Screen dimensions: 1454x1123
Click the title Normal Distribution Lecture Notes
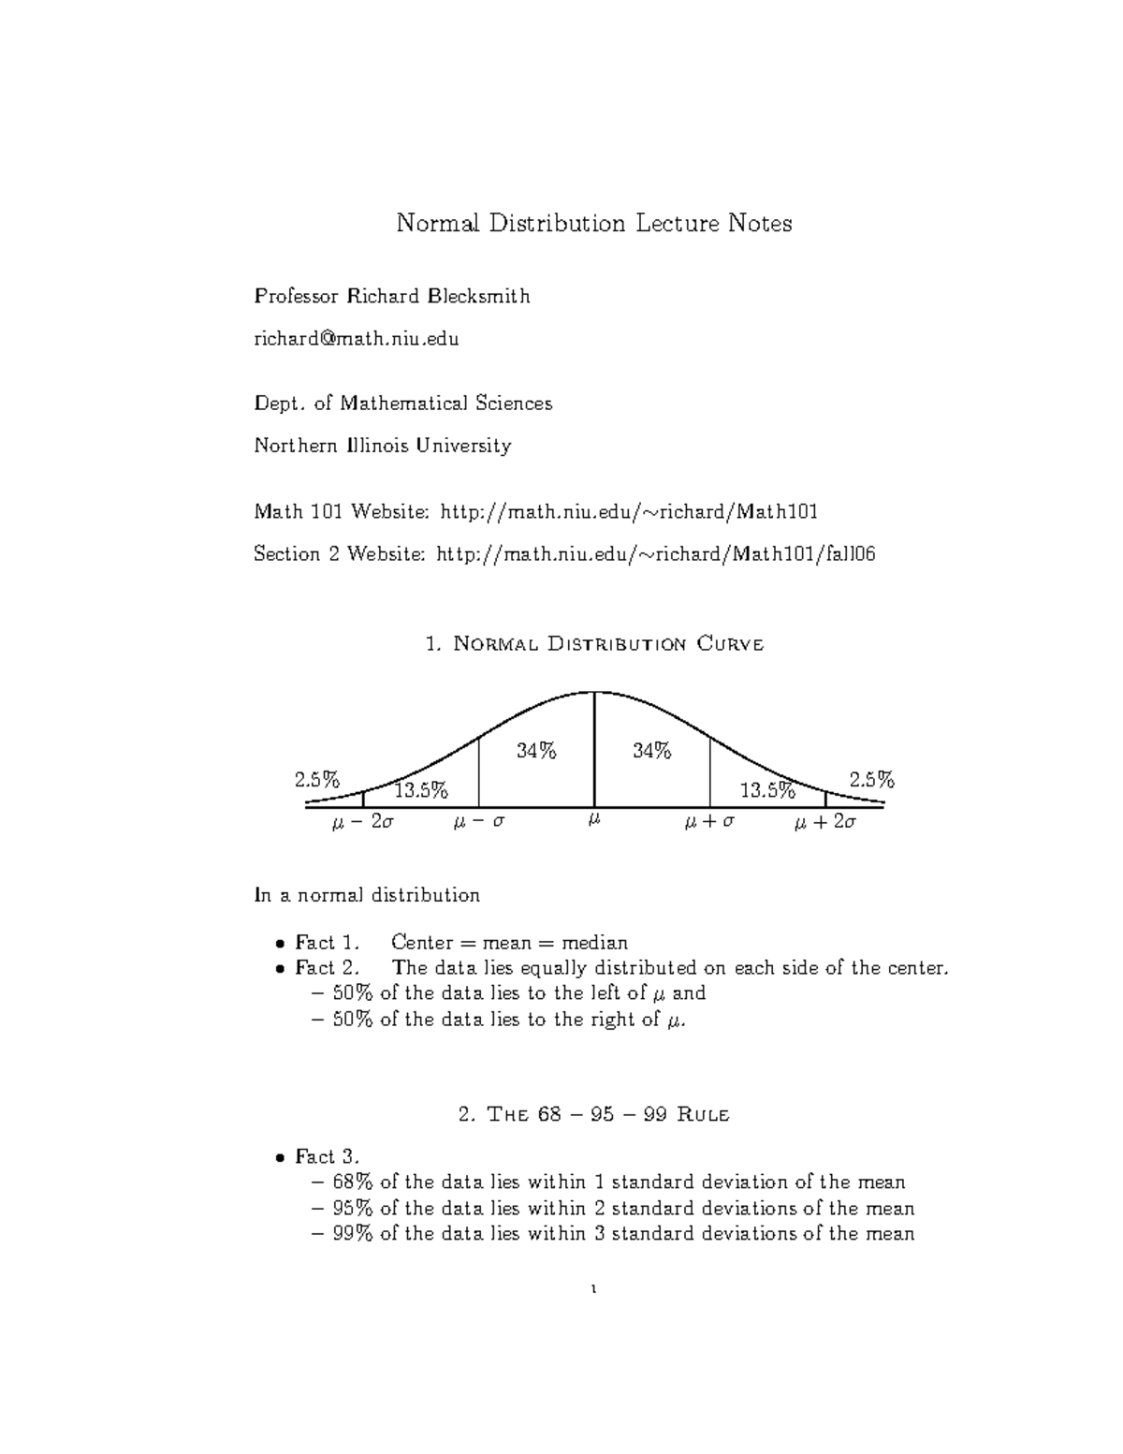[x=593, y=224]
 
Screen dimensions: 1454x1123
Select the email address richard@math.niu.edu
[x=356, y=338]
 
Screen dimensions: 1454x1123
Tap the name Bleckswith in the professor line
[x=478, y=297]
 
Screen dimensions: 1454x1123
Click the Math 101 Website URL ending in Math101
[x=629, y=511]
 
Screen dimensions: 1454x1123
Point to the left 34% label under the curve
[x=536, y=751]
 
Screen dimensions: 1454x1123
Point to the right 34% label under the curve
[x=651, y=751]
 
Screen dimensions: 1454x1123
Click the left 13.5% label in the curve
[x=421, y=790]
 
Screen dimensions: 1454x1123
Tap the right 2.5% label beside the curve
[x=871, y=780]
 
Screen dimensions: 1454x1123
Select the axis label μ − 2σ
[x=363, y=823]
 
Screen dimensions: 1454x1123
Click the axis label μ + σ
[x=709, y=823]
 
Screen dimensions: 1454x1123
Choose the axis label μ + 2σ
[x=824, y=823]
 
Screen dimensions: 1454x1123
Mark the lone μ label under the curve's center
[x=593, y=821]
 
